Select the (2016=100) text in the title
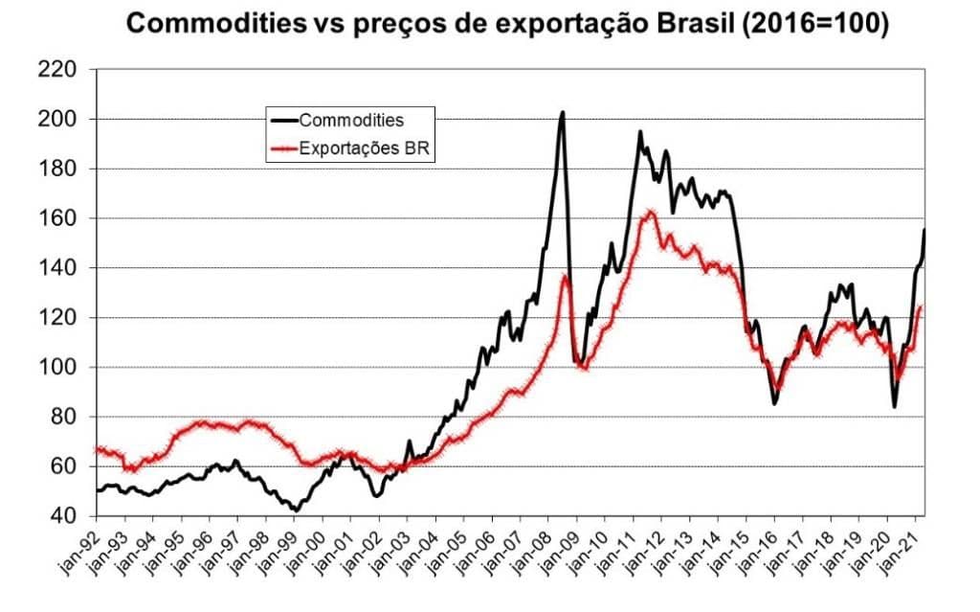(816, 24)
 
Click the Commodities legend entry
(351, 121)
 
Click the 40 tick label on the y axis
(64, 516)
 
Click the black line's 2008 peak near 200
(562, 112)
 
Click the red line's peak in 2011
(651, 212)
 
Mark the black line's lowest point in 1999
(296, 510)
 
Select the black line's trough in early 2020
(895, 407)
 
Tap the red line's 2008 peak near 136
(565, 277)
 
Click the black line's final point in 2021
(924, 230)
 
